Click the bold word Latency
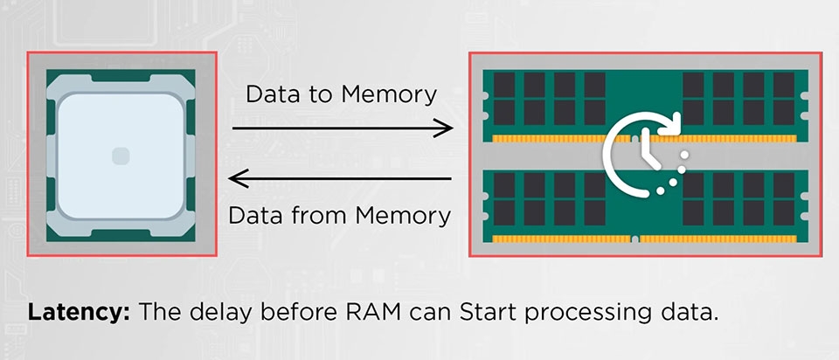tap(79, 313)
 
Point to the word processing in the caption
tap(597, 314)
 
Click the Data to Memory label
tap(341, 94)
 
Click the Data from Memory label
tap(341, 214)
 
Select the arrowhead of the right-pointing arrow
tap(447, 129)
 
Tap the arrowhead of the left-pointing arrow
tap(235, 179)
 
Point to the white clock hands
tap(642, 147)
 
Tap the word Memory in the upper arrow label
tap(395, 94)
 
